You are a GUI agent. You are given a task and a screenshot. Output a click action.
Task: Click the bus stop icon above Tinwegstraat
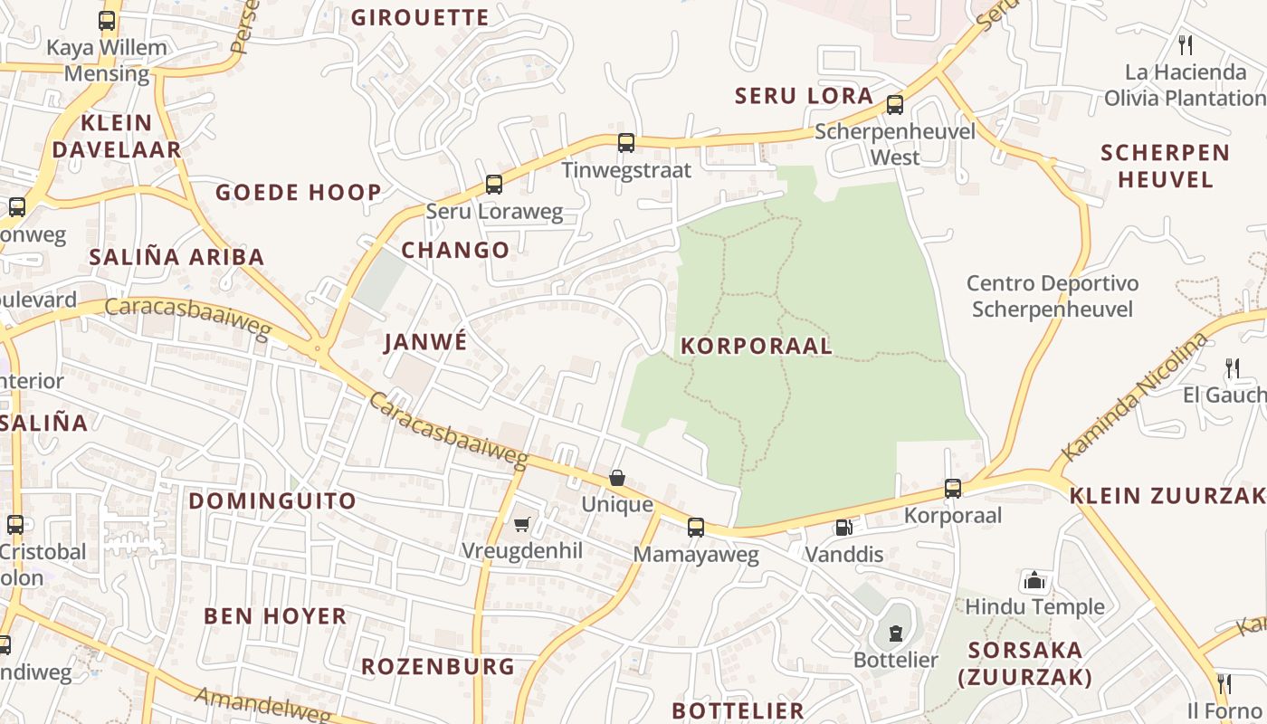click(625, 142)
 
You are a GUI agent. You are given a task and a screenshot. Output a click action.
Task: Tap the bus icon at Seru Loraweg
click(493, 185)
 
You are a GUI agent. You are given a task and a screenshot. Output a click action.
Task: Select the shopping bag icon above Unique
click(617, 478)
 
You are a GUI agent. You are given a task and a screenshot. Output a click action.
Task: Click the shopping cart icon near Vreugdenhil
click(521, 524)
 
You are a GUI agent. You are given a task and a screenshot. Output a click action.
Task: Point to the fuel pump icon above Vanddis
click(843, 527)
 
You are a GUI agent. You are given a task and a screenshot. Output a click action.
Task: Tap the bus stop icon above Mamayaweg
click(695, 527)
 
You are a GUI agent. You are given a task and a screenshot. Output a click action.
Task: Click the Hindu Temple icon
click(1034, 580)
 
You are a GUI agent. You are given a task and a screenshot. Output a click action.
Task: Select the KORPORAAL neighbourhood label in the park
click(756, 346)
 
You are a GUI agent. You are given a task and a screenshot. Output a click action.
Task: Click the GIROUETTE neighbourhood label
click(420, 17)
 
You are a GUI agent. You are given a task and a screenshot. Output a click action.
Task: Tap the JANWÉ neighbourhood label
click(425, 342)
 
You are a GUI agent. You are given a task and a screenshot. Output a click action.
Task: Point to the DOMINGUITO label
click(272, 500)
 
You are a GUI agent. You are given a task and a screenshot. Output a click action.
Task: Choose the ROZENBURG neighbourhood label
click(438, 667)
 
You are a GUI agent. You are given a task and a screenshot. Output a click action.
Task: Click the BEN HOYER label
click(275, 616)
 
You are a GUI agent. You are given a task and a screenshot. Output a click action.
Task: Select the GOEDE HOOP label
click(299, 192)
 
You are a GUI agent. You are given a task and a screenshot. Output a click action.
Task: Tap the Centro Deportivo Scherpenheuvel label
click(1052, 297)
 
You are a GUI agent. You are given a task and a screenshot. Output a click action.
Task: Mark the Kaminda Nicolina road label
click(1135, 396)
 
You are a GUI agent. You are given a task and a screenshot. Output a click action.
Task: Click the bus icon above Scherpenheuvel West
click(895, 104)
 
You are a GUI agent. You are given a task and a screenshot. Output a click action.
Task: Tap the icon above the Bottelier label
click(896, 633)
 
